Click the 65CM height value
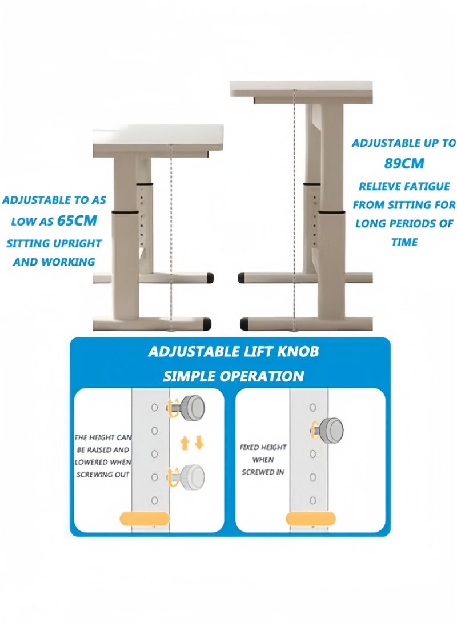click(77, 220)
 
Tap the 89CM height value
click(404, 163)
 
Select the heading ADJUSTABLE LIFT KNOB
click(233, 352)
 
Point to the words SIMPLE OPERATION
click(233, 376)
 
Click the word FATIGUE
click(427, 186)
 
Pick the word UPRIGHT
click(76, 243)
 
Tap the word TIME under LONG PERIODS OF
click(404, 242)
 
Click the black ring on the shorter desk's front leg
click(124, 214)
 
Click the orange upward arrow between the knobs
click(185, 443)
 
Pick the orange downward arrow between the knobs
click(199, 443)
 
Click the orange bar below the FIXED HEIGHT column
click(311, 519)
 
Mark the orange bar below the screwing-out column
click(145, 519)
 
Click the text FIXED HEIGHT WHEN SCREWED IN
click(263, 460)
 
